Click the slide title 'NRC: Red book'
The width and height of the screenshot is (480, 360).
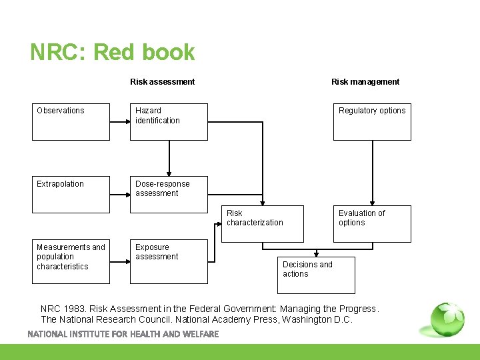click(112, 53)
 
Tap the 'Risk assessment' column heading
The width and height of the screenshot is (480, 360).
click(162, 82)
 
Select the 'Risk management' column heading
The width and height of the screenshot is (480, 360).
click(365, 82)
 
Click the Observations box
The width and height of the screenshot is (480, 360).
click(71, 121)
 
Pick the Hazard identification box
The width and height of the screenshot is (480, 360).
click(169, 121)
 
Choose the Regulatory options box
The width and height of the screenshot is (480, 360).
click(372, 121)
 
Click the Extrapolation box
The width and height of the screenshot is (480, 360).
click(71, 195)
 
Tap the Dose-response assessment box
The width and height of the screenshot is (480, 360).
click(169, 195)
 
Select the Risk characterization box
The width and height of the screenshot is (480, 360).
click(263, 223)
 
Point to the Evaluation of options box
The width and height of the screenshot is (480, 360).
click(372, 223)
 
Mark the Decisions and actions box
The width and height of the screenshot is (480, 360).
click(316, 275)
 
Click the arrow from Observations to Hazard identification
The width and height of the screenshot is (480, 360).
click(120, 122)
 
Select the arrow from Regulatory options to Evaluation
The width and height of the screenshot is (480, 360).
click(373, 173)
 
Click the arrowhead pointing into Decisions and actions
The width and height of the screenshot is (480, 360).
click(317, 254)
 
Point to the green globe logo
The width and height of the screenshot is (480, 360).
click(447, 319)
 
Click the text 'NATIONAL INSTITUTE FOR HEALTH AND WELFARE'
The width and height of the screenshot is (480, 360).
click(123, 334)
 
